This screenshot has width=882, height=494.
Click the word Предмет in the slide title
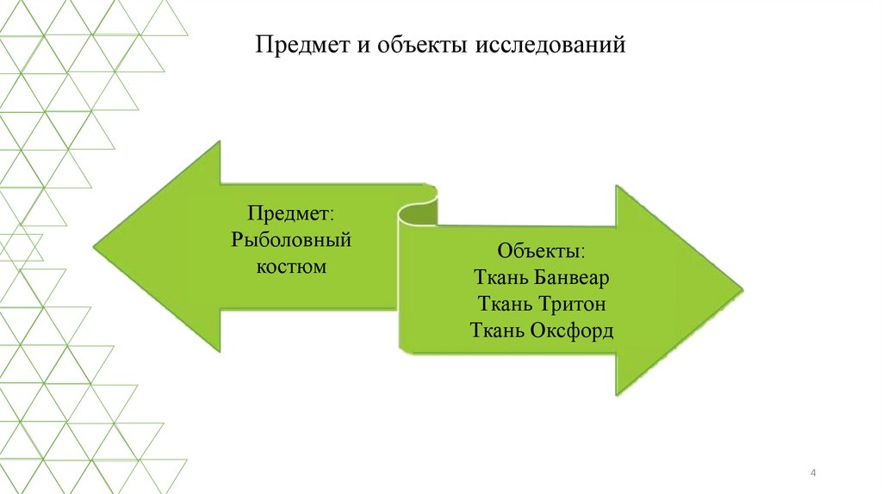point(301,46)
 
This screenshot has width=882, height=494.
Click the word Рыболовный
point(291,239)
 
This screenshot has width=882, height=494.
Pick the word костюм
point(291,266)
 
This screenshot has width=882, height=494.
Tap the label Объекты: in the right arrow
point(541,252)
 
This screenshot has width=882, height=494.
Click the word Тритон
point(573,304)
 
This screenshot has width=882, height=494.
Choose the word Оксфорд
point(574,330)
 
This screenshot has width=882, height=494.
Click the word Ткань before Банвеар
point(500,278)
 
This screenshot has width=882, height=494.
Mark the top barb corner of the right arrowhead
point(617,186)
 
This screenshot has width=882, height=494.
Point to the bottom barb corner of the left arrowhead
point(220,350)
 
